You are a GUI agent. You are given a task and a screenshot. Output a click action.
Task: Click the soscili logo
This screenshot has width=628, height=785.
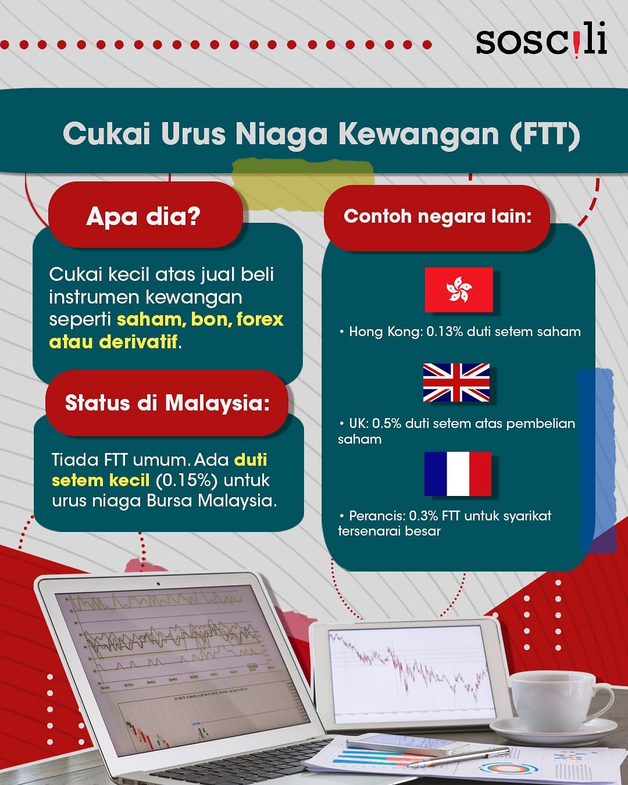[541, 41]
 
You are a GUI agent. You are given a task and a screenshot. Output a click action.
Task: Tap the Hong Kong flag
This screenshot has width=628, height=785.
[459, 290]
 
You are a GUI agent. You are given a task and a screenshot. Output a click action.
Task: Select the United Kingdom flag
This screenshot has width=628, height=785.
[456, 383]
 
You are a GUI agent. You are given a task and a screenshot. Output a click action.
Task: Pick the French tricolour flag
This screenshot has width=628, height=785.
[458, 474]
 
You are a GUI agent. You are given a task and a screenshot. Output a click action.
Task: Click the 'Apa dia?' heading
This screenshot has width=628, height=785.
[144, 216]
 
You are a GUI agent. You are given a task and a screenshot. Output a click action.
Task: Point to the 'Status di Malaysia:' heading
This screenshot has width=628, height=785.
[167, 403]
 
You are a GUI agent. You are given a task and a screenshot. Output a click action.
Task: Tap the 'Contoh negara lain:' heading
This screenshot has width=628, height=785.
[437, 216]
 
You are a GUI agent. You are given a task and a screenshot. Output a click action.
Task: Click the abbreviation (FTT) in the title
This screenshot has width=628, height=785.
[545, 134]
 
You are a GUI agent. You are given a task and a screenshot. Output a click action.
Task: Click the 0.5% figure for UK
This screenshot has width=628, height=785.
[387, 423]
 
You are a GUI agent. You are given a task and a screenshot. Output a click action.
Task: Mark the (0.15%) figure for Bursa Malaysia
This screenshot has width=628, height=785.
[187, 480]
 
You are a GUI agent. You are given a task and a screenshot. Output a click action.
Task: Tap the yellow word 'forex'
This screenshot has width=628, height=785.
[260, 320]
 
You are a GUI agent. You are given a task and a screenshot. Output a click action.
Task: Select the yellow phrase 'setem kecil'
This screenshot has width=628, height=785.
[101, 480]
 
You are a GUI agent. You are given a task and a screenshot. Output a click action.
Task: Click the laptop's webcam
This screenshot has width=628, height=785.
[158, 584]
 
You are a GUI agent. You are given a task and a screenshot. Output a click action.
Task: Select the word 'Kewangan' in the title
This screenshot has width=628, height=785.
[419, 134]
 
